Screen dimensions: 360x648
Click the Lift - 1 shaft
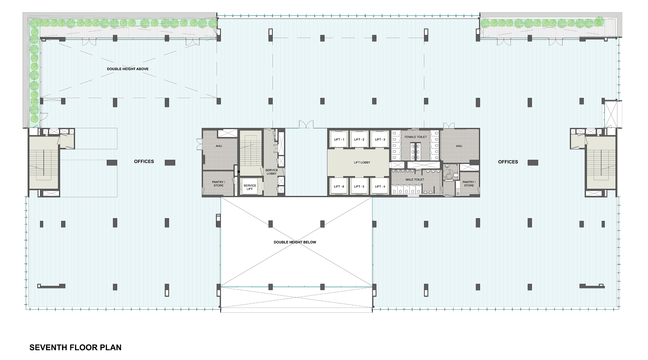point(339,139)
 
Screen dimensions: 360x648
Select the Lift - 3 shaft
point(380,139)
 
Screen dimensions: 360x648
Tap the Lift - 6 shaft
point(339,186)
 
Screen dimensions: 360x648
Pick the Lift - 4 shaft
point(380,186)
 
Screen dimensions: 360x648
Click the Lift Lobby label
point(362,162)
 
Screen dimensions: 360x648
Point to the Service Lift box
point(250,187)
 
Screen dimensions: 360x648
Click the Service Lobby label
point(272,172)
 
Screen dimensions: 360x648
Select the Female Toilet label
point(416,137)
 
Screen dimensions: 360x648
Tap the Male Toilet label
point(415,180)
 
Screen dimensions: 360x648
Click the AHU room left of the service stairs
point(219,146)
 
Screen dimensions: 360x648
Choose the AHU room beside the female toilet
point(459,146)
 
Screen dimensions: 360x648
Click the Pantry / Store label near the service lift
point(218,184)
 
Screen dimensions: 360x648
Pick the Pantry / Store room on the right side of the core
point(469,184)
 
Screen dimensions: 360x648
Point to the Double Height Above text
point(128,69)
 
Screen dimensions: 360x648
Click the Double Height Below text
point(295,242)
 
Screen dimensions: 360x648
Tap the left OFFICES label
point(144,161)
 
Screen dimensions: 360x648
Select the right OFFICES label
point(508,162)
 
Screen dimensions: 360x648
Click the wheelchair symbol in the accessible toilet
point(449,175)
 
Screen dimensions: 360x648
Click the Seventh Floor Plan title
point(75,347)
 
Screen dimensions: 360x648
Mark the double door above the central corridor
point(306,124)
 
